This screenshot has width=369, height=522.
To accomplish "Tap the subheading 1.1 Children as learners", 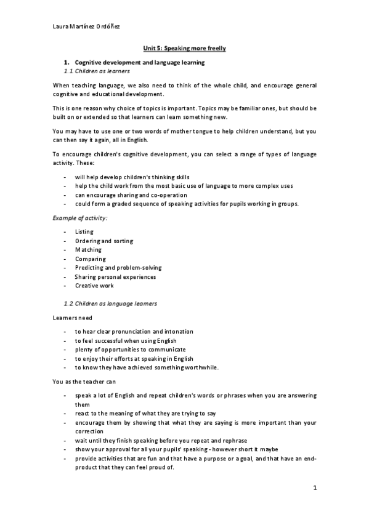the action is pos(97,71).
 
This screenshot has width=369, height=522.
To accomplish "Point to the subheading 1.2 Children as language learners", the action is pos(111,303).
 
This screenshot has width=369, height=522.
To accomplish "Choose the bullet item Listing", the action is pos(84,232).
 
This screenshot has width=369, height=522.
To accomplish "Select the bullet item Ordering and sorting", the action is pos(103,241).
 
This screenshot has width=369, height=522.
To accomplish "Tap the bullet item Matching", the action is pos(89,250).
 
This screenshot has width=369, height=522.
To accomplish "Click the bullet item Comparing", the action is pos(91,259).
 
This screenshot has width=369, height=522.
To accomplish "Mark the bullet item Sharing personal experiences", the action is pos(115,277).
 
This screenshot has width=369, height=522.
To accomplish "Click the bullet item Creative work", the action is pos(94,286).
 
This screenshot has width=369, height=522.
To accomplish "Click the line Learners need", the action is pos(73,318).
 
